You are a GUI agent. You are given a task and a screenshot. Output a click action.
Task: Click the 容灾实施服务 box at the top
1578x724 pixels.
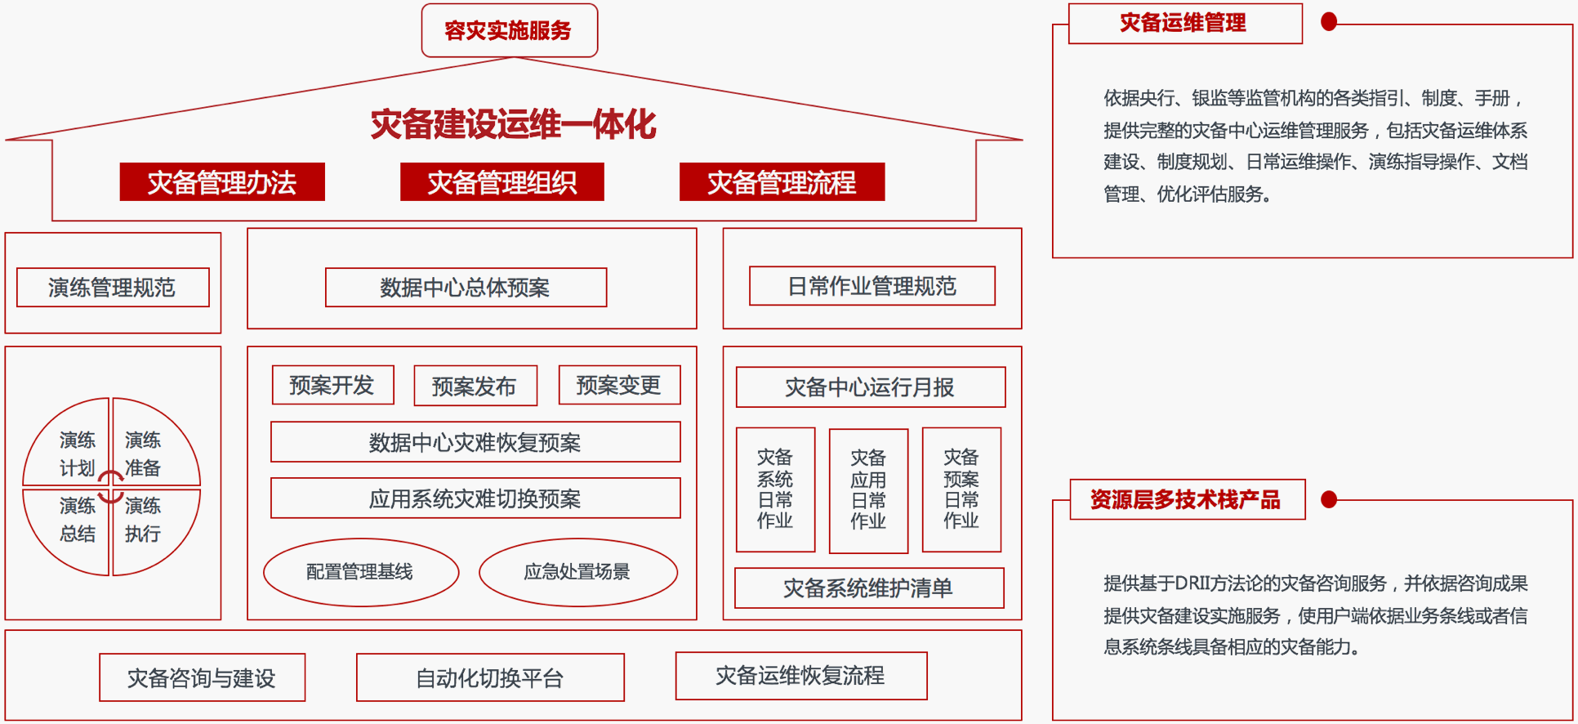point(510,30)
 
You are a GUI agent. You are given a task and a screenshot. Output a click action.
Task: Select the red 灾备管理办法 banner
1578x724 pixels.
point(222,181)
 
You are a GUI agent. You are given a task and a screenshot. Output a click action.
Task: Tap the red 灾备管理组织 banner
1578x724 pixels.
point(502,181)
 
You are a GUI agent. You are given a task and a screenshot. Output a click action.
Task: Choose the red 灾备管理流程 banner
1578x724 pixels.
point(782,181)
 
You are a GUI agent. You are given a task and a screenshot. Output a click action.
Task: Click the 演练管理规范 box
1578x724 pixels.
point(113,288)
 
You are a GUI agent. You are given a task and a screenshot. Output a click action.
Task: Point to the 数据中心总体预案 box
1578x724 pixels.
point(466,288)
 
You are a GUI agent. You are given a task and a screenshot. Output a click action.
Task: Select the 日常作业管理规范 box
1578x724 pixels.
point(872,286)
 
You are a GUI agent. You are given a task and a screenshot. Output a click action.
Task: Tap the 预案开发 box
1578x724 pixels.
point(333,385)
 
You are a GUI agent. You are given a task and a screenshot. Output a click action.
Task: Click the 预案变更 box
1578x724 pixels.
point(619,385)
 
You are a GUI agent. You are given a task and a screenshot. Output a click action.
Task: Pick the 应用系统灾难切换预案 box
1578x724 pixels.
point(475,498)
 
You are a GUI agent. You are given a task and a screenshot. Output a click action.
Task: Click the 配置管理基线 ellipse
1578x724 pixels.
point(361,572)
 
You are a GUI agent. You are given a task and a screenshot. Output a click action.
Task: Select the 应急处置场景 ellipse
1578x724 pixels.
point(578,572)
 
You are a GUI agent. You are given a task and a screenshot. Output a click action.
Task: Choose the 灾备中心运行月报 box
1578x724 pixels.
point(871,387)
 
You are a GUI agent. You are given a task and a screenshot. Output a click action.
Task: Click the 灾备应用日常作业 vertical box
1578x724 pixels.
point(868,490)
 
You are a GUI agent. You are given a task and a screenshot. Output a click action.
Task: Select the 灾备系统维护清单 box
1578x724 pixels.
point(869,588)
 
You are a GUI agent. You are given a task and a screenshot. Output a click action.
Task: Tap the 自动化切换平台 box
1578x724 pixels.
point(490,677)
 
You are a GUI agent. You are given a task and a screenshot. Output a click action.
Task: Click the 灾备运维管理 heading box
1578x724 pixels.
point(1185,24)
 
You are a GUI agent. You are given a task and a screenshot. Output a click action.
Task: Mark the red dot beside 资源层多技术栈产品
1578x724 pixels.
point(1329,499)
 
